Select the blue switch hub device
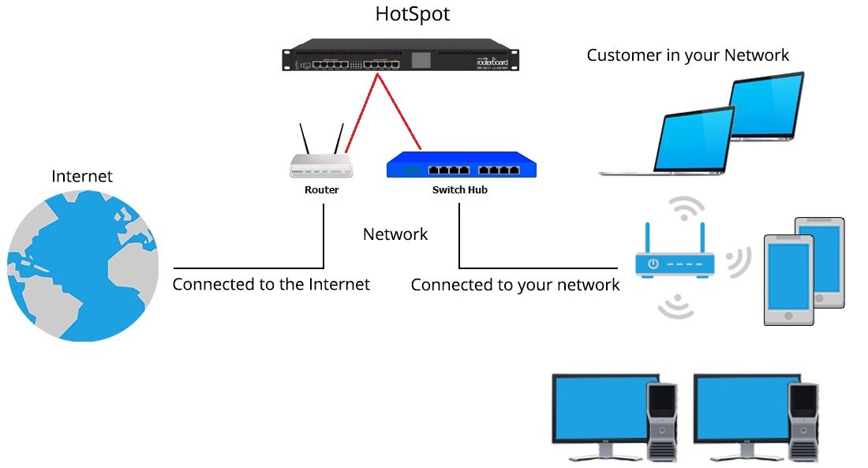tap(461, 167)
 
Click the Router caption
tap(321, 190)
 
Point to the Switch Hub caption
tap(460, 190)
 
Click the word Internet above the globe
tap(82, 177)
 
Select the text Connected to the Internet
tap(271, 284)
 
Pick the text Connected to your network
tap(515, 285)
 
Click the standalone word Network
tap(395, 234)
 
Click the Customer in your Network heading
tap(687, 55)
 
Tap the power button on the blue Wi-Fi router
tap(653, 264)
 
